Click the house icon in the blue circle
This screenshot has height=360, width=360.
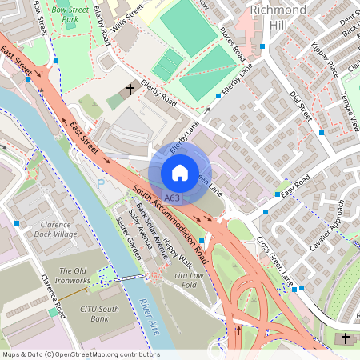[180, 172]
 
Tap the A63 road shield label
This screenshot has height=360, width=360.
[171, 197]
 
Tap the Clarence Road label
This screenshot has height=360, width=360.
[53, 295]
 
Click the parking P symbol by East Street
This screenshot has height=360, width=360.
[101, 183]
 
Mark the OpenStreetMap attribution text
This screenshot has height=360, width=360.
[80, 354]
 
